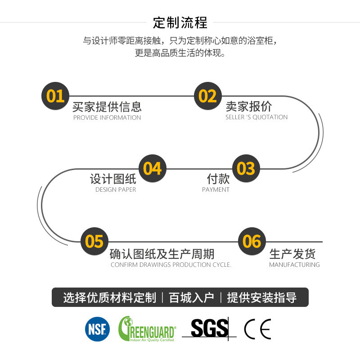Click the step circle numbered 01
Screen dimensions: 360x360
[55, 96]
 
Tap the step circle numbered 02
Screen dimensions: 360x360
[208, 96]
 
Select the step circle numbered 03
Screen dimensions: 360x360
[246, 168]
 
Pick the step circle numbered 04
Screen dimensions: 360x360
[153, 168]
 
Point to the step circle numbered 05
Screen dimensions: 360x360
[94, 242]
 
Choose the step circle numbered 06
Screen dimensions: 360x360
[252, 242]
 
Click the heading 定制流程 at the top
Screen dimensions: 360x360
[180, 22]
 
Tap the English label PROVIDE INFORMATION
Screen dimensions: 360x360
[107, 118]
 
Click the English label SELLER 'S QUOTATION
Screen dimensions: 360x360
[256, 117]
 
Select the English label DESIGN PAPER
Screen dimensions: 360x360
[116, 190]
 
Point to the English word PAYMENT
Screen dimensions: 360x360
[216, 190]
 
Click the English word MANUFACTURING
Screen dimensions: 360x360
[294, 265]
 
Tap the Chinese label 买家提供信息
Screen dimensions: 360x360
[107, 107]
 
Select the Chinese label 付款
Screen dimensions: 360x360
[218, 179]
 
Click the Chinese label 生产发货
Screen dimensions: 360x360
[292, 254]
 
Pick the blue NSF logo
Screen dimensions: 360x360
[97, 328]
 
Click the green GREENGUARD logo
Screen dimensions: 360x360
[147, 329]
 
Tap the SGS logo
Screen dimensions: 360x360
[209, 328]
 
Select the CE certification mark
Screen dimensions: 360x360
[257, 329]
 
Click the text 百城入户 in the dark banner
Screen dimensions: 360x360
[191, 297]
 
